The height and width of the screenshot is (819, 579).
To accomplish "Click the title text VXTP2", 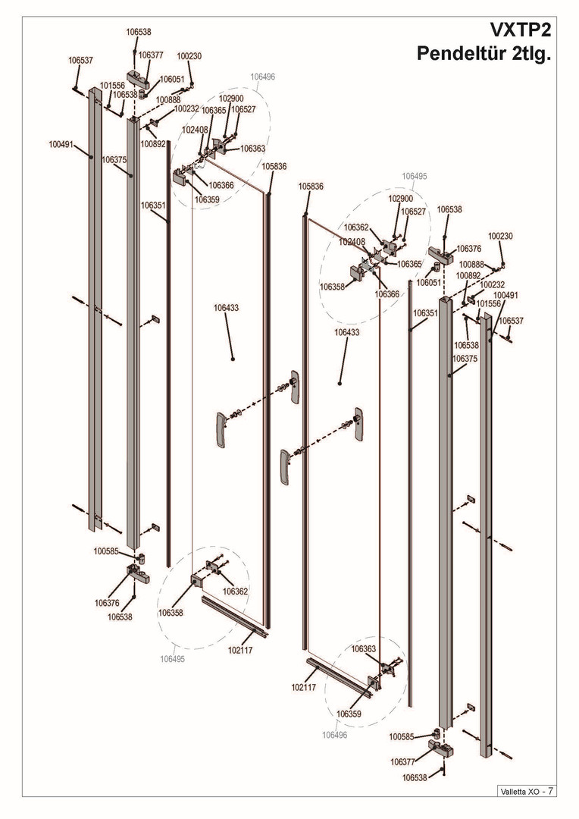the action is (x=520, y=31).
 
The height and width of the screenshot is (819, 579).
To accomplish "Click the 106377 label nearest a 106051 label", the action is (x=151, y=55).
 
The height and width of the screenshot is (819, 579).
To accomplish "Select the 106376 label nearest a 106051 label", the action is (x=469, y=249).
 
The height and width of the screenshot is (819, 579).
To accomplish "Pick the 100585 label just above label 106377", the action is (x=402, y=737).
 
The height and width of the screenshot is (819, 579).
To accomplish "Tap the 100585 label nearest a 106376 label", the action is (x=107, y=551).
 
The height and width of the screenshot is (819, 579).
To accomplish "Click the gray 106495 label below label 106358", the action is (x=172, y=659).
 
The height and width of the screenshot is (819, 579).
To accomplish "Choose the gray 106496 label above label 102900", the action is (x=263, y=77).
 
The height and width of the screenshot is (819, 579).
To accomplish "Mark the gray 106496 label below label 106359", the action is (x=335, y=735).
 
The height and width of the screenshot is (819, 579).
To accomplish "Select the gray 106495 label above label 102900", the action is (x=415, y=177).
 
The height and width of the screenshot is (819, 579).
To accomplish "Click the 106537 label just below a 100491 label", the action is (x=511, y=321).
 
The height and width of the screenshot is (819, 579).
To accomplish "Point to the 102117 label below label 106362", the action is (x=240, y=651).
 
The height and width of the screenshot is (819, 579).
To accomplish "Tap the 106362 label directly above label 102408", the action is (x=357, y=227).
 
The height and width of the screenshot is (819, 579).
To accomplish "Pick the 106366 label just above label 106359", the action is (x=221, y=185).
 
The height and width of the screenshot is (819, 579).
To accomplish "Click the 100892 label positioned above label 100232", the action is (x=468, y=276).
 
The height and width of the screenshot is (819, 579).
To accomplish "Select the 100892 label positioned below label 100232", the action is (x=153, y=143).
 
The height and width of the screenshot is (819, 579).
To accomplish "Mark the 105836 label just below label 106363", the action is (x=274, y=167).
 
